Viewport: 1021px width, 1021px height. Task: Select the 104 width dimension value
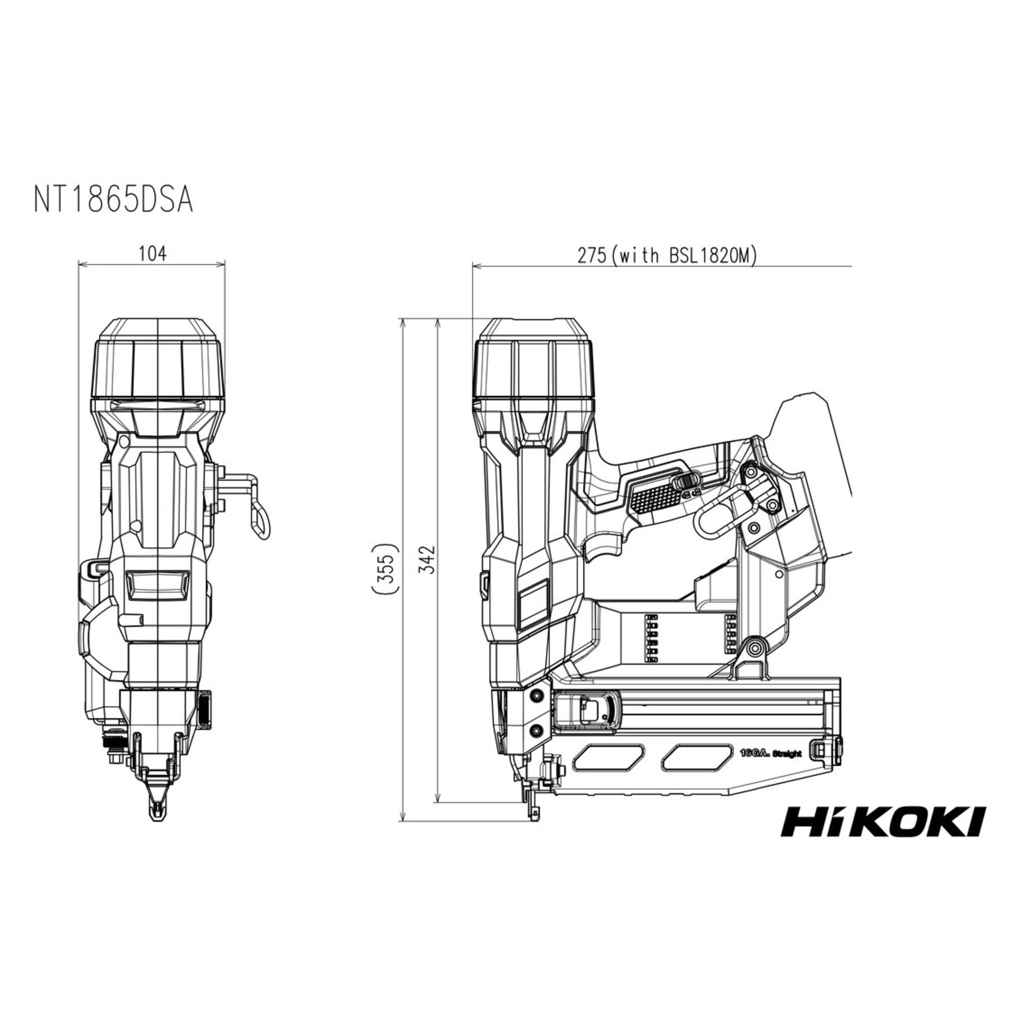pyautogui.click(x=152, y=254)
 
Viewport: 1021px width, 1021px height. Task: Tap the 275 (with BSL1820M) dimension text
pyautogui.click(x=667, y=256)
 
